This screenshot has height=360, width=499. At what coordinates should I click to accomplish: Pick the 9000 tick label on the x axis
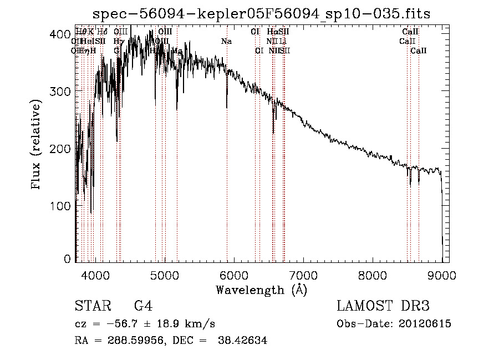(442, 275)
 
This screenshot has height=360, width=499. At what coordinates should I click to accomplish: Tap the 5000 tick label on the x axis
(165, 275)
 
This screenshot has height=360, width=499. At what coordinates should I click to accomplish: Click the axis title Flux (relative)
(37, 145)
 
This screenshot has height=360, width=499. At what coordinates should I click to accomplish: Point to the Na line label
(226, 41)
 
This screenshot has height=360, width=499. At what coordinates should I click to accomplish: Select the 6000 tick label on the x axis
(234, 275)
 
